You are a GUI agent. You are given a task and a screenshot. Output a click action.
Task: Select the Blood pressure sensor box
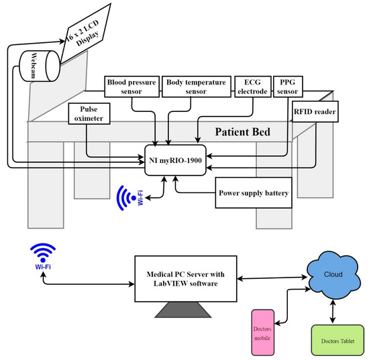coord(132,86)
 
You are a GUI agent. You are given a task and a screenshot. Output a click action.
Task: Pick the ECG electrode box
coord(251,86)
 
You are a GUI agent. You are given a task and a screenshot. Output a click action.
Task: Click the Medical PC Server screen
coord(186,278)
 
